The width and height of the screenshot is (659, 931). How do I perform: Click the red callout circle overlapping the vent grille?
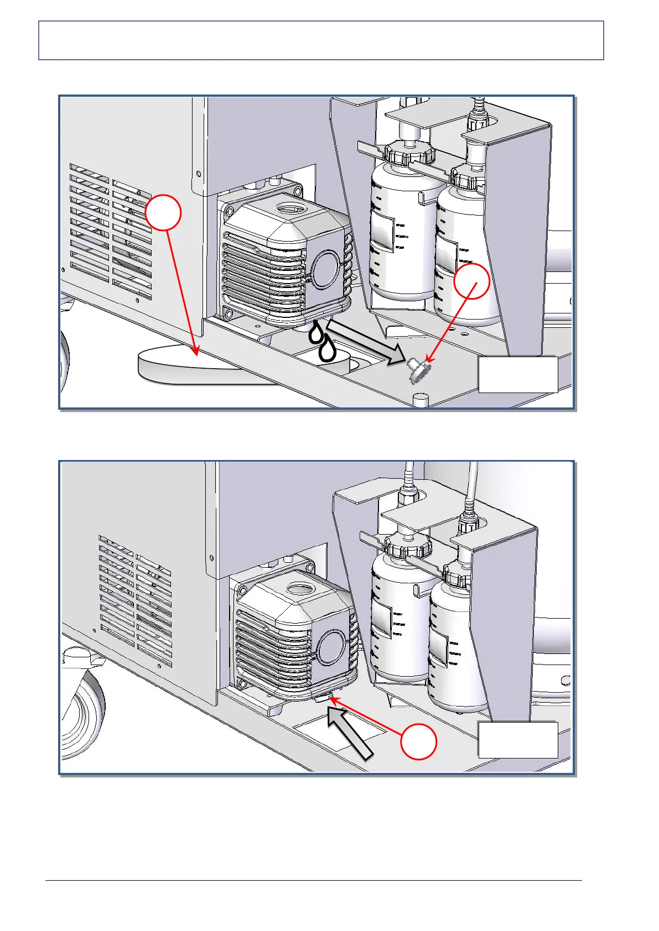[x=164, y=212]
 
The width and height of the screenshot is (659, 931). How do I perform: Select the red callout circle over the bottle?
[x=471, y=281]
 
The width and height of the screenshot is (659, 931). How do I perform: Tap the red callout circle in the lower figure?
[x=418, y=741]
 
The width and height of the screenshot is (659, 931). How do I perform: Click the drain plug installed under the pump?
[x=322, y=699]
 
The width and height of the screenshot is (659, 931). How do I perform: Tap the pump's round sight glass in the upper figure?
[x=325, y=268]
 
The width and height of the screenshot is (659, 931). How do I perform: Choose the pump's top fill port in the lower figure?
[x=299, y=590]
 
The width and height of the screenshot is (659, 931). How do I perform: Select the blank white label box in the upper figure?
[x=518, y=375]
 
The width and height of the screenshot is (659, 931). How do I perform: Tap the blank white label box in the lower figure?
[x=518, y=740]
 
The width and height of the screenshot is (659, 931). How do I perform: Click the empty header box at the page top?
[x=321, y=40]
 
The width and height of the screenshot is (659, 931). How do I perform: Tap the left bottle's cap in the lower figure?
[x=408, y=545]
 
